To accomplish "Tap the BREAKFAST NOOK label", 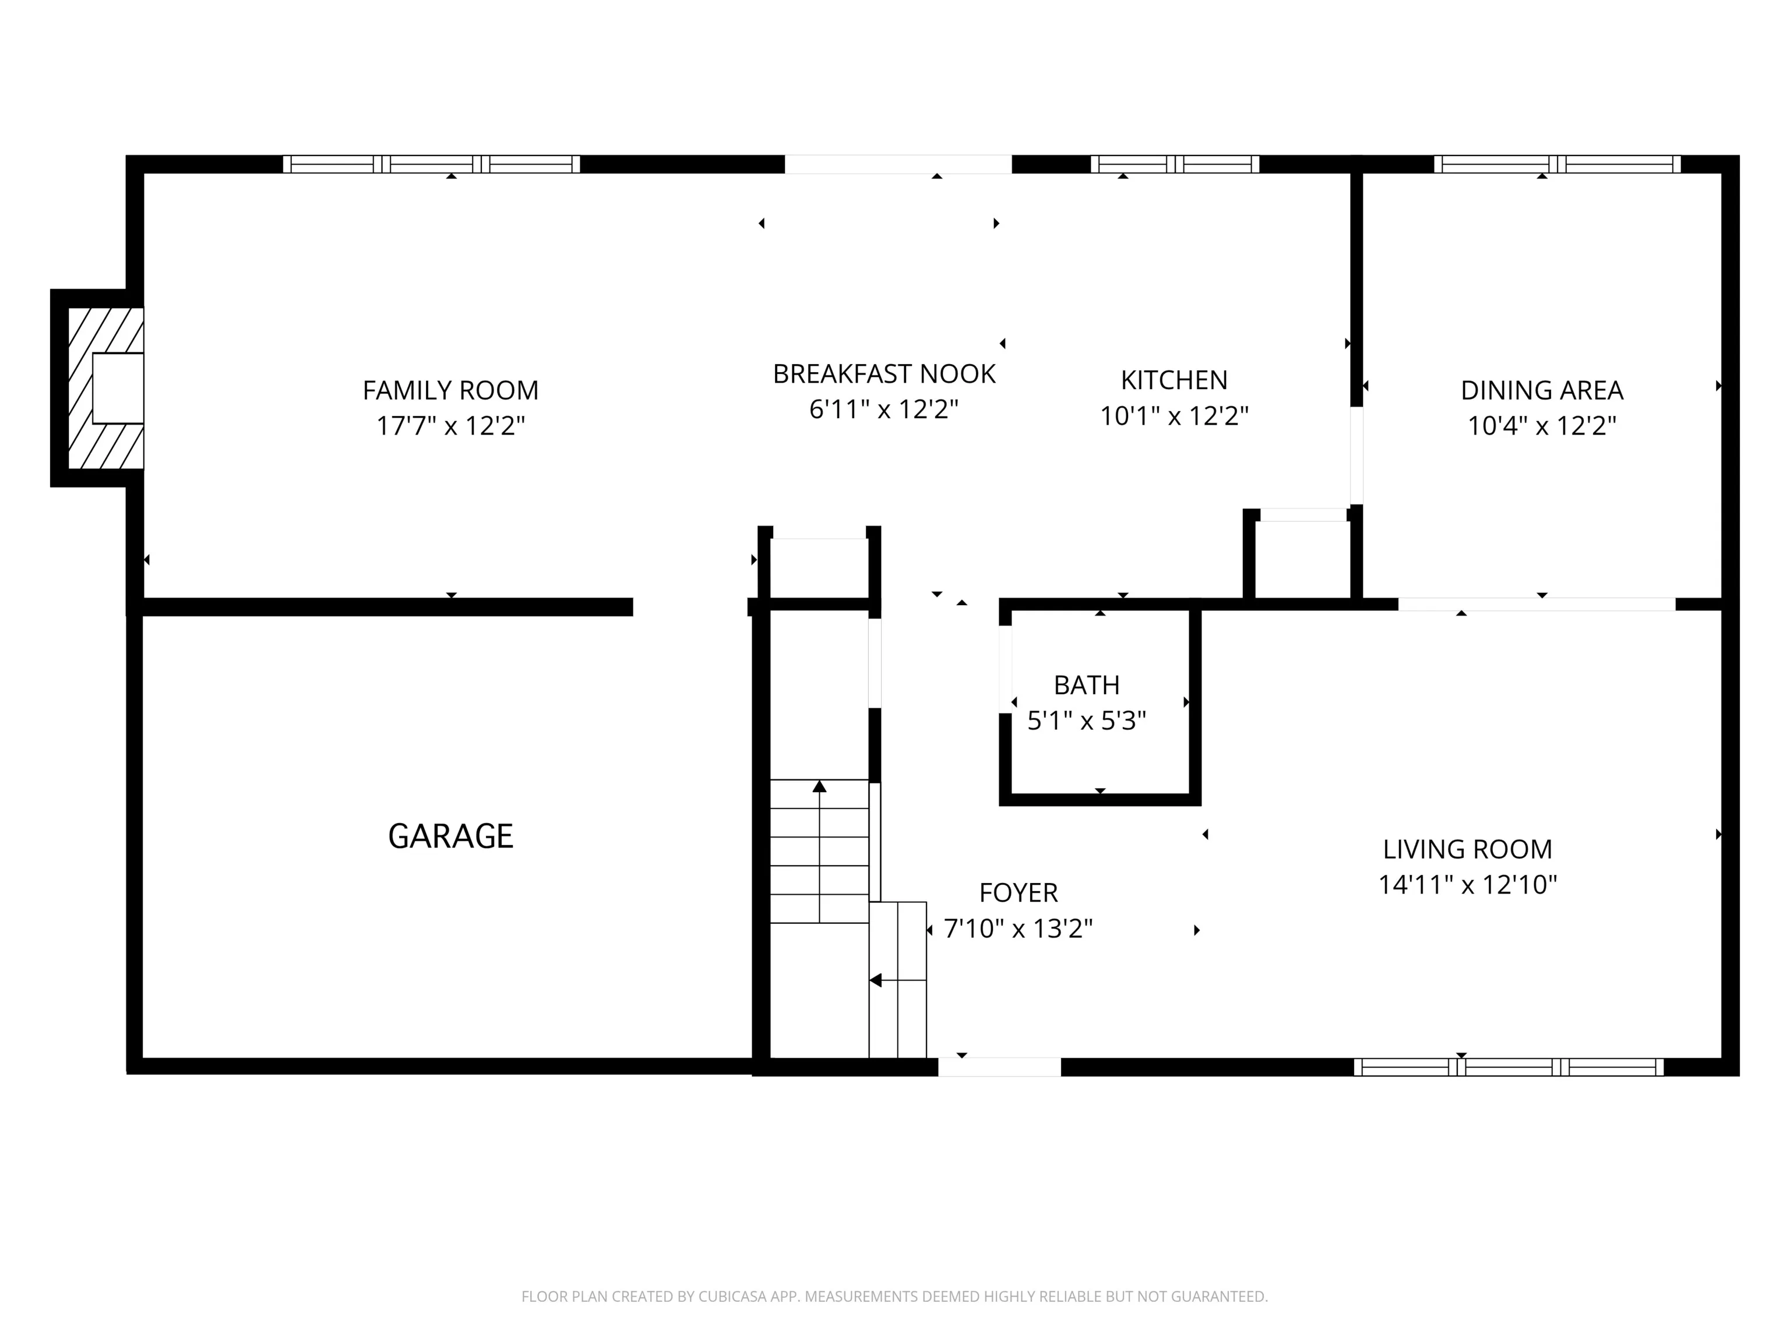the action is click(884, 374).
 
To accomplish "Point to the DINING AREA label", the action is click(1542, 391).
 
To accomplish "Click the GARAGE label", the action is click(451, 836).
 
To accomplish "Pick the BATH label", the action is click(1086, 685).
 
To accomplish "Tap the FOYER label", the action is click(1018, 892).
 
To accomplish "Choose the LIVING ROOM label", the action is click(1467, 849).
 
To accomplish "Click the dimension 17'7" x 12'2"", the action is click(451, 426).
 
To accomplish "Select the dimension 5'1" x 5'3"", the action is click(1087, 720).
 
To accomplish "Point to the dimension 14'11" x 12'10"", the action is click(1467, 885).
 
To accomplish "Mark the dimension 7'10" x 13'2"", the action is click(1018, 928).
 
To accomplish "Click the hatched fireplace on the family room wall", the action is click(106, 389).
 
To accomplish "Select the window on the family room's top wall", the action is click(431, 164).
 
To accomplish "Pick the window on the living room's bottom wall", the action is click(1509, 1067).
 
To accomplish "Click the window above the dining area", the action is click(1558, 164).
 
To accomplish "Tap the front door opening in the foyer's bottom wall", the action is click(999, 1067).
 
